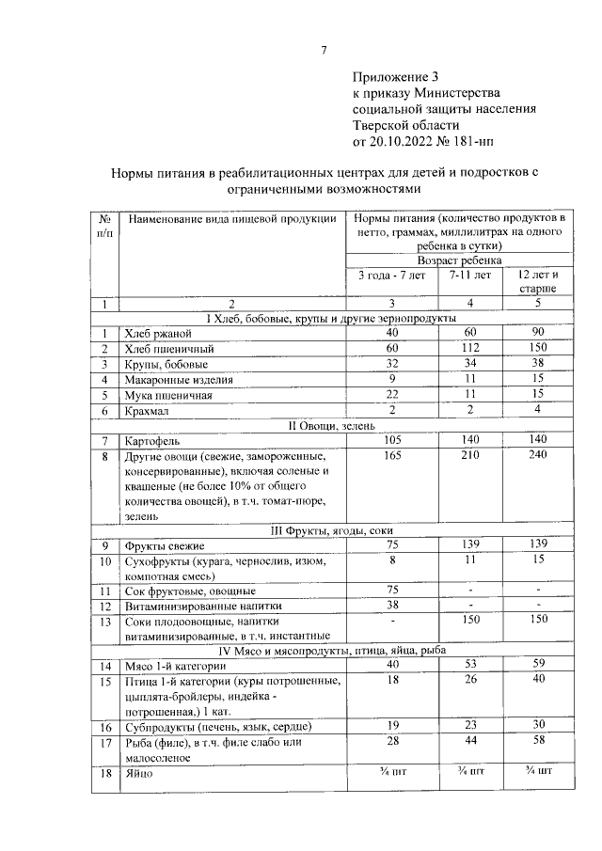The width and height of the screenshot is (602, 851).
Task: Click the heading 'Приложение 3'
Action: click(x=395, y=76)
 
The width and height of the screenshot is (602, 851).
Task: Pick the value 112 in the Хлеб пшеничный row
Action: click(x=469, y=349)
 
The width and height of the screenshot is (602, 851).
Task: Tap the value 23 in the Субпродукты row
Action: click(x=469, y=726)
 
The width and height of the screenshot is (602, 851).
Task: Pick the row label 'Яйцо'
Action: click(x=138, y=773)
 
